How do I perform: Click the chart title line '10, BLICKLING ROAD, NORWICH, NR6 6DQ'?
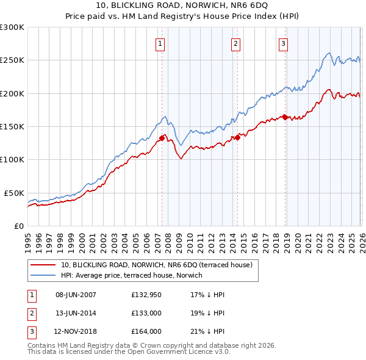click(x=182, y=7)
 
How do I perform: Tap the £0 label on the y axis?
click(x=18, y=226)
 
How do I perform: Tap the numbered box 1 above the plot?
click(x=160, y=43)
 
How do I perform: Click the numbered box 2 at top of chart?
click(x=235, y=43)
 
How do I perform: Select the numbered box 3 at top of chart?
click(x=284, y=43)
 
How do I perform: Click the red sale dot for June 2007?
click(x=162, y=138)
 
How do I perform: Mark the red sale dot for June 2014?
click(x=237, y=138)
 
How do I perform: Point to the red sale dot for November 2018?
click(x=285, y=117)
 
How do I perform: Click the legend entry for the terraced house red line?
click(x=160, y=265)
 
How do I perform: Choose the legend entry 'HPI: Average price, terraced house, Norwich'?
click(x=135, y=276)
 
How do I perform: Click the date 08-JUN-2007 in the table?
click(x=76, y=295)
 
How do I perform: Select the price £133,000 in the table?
click(x=146, y=313)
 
